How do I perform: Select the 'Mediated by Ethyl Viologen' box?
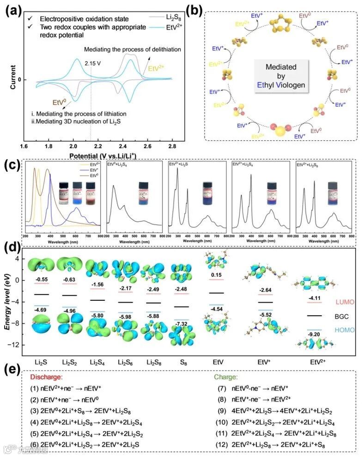279,79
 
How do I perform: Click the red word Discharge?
48,377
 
